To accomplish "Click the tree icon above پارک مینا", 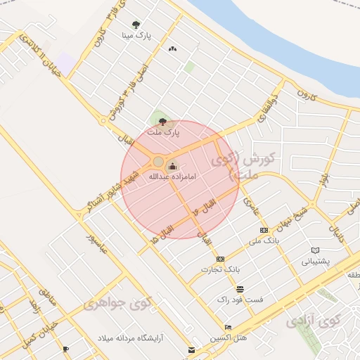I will [x=136, y=24].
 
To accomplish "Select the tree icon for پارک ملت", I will [x=163, y=122].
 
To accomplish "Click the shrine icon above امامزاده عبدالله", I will [x=172, y=166].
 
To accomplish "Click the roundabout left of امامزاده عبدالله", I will [x=158, y=162].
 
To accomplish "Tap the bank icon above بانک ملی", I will [x=264, y=230].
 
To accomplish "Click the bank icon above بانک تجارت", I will [x=220, y=259].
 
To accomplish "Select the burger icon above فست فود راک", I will [x=240, y=289].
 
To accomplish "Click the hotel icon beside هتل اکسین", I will [x=228, y=328].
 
